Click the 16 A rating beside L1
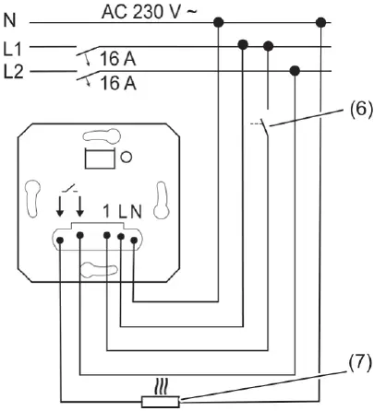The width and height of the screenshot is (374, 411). tap(116, 59)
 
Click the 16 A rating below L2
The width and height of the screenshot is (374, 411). tap(116, 84)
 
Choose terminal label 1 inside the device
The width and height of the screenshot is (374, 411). tap(110, 211)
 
